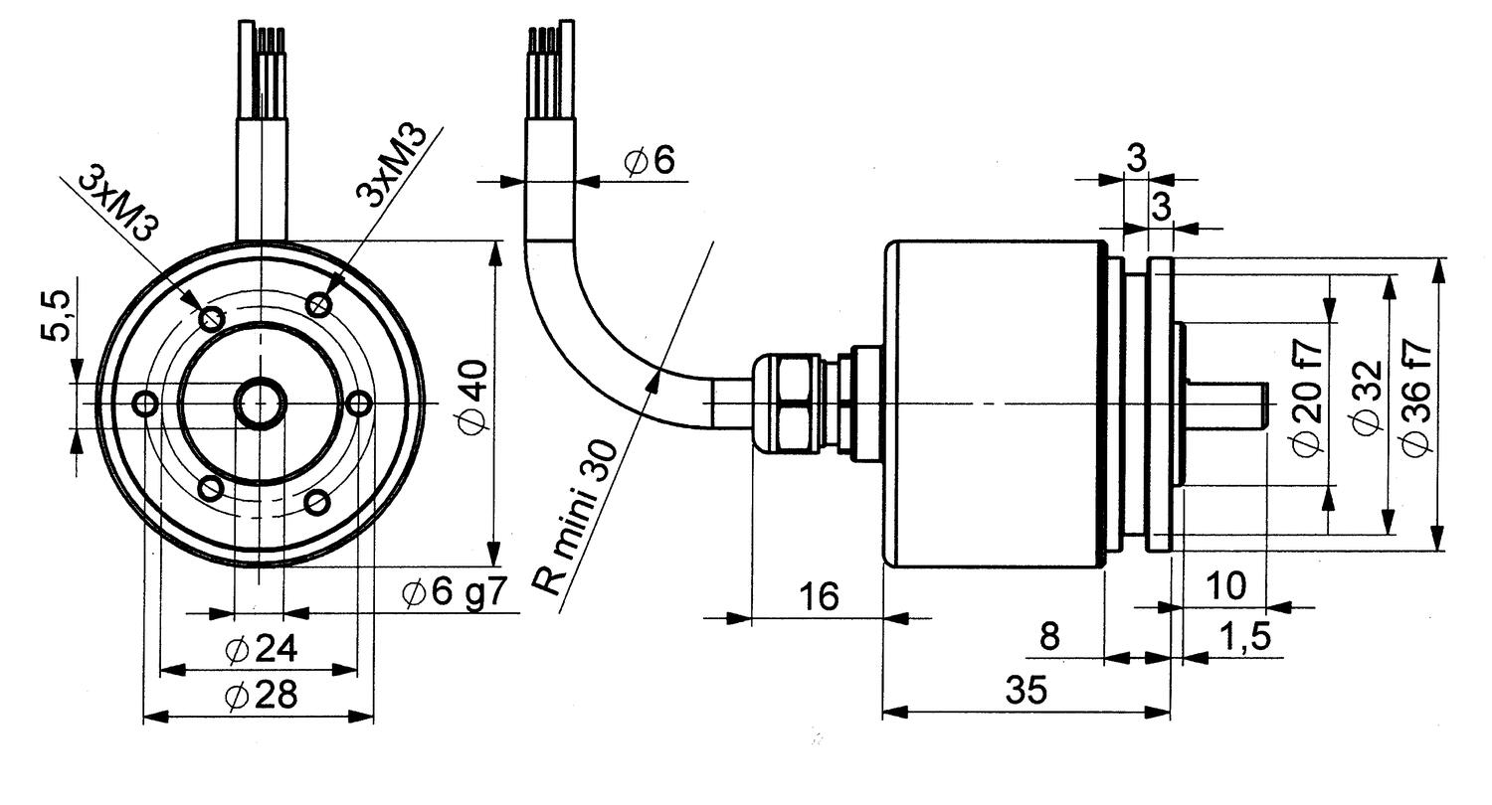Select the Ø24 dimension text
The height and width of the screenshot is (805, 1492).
(x=262, y=650)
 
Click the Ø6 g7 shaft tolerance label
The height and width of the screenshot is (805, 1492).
(x=455, y=593)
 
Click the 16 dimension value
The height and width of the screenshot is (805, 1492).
(x=820, y=596)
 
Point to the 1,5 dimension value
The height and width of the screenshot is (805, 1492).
(x=1243, y=637)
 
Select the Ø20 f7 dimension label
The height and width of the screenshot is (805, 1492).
(x=1309, y=398)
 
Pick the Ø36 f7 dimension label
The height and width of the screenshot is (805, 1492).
(x=1416, y=398)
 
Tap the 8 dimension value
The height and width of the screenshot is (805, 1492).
(x=1049, y=637)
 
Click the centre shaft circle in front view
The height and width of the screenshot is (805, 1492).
(x=260, y=403)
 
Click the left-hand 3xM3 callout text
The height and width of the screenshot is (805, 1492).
(x=118, y=203)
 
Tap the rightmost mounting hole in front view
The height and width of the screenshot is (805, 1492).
(x=362, y=403)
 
